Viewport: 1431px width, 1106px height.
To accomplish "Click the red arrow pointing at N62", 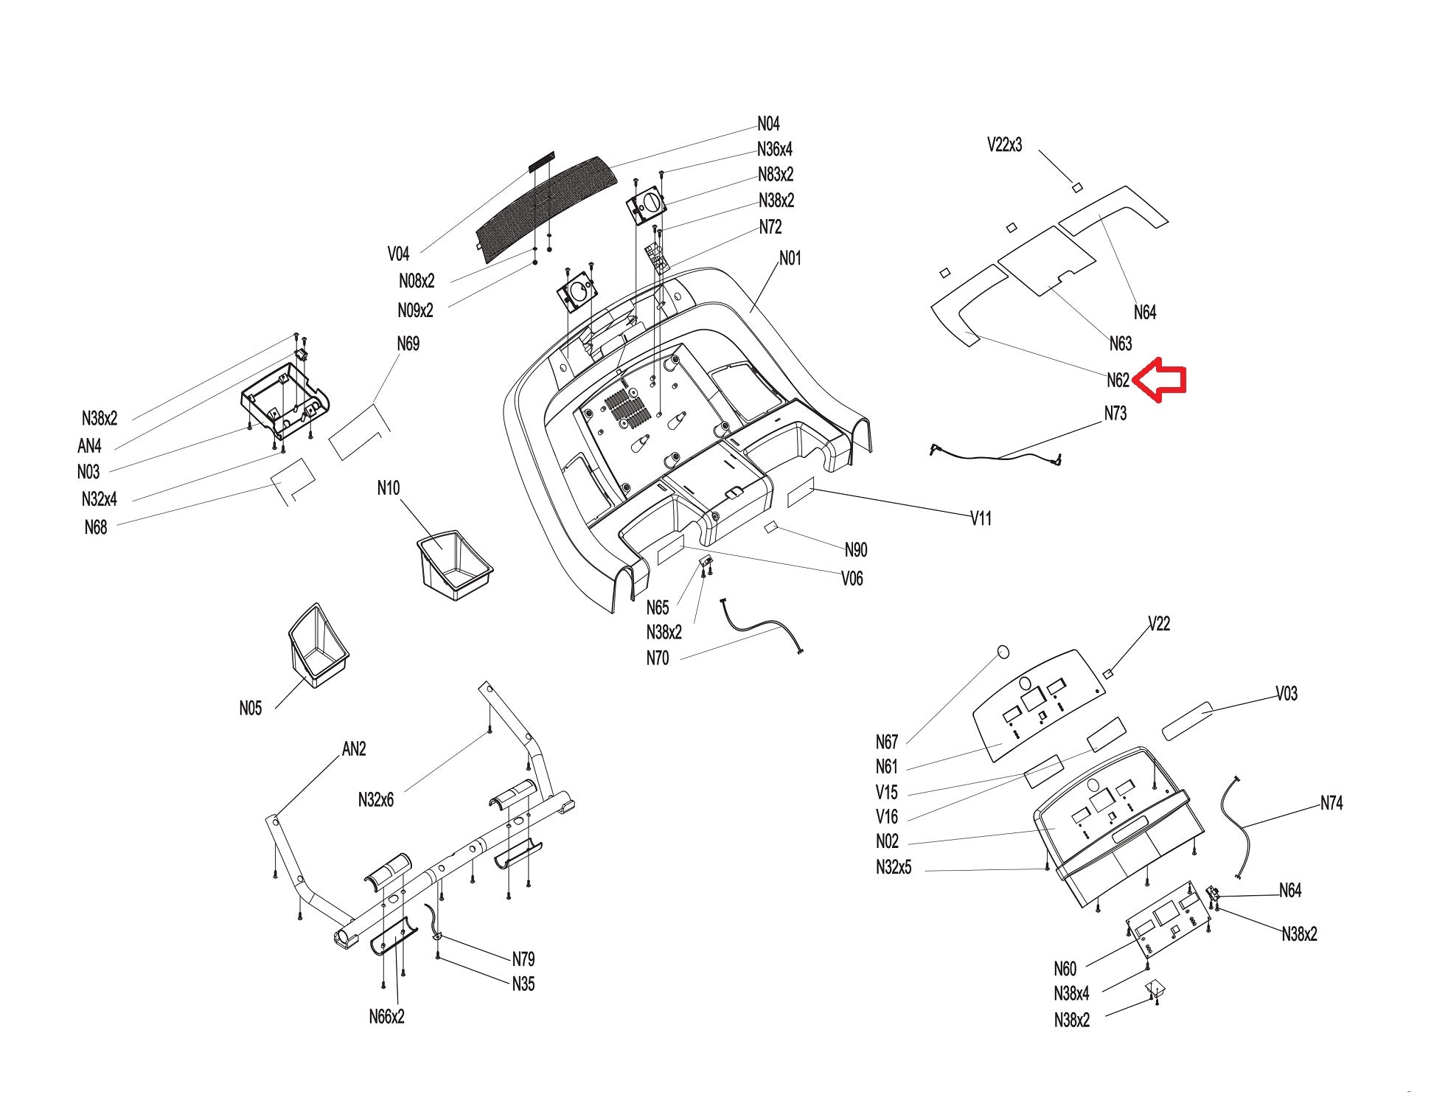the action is click(x=1158, y=380).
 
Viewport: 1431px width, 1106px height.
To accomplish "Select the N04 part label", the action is click(x=768, y=124).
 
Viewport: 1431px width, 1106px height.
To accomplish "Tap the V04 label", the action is click(x=398, y=254).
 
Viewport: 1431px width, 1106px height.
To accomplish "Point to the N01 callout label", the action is click(x=790, y=258).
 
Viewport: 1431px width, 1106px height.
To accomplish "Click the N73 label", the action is click(x=1115, y=414).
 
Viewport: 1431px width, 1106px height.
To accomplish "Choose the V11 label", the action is click(x=981, y=518).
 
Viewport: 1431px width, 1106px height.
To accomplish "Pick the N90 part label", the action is click(x=856, y=549).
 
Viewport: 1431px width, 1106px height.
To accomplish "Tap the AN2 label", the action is click(x=354, y=748).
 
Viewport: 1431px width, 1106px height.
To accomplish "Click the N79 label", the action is click(x=523, y=959).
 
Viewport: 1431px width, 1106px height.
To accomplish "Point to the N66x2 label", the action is click(x=387, y=1017).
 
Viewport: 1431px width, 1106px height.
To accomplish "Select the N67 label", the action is click(x=887, y=742).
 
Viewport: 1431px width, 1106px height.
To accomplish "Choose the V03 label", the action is click(x=1286, y=693).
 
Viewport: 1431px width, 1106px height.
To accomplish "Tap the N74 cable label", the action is click(x=1331, y=803).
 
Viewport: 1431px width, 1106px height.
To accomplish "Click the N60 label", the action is click(x=1065, y=968).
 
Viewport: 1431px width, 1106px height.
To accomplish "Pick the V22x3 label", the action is click(x=1005, y=145).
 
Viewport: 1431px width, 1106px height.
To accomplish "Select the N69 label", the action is click(x=408, y=344).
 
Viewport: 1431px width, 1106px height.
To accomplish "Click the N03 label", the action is click(x=88, y=471).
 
